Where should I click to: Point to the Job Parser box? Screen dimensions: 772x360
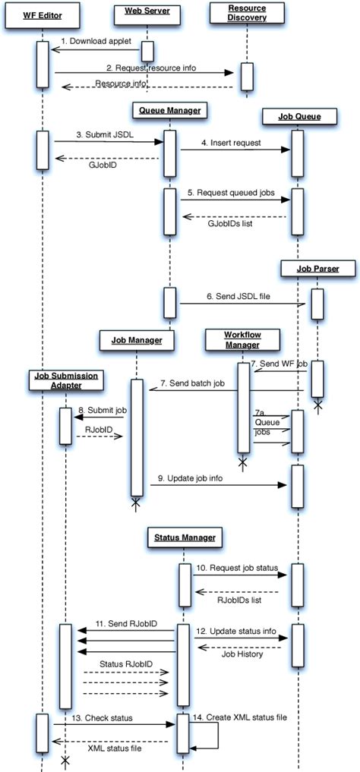(317, 269)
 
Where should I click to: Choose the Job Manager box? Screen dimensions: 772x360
(137, 341)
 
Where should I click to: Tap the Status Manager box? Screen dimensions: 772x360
(183, 537)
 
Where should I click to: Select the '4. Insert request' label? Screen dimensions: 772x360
(231, 142)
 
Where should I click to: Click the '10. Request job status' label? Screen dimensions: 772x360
(237, 567)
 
